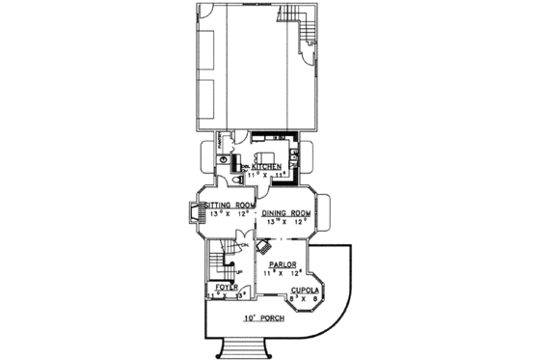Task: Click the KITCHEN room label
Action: [266, 167]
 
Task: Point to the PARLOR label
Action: [282, 263]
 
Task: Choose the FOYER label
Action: [227, 288]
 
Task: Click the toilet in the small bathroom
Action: [237, 180]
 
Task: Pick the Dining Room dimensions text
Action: [286, 221]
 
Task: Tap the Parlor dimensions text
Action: [281, 272]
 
